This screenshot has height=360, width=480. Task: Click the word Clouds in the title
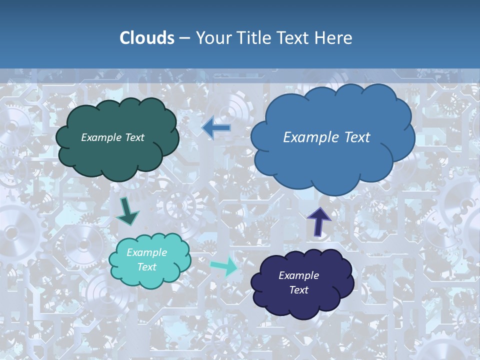(x=146, y=38)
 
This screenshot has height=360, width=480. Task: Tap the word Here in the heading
(x=333, y=38)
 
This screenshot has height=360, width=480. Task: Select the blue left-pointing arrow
(x=216, y=128)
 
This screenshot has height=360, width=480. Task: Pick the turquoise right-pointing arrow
(x=224, y=266)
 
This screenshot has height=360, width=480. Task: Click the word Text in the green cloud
(x=133, y=137)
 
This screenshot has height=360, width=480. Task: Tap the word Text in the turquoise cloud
(x=147, y=267)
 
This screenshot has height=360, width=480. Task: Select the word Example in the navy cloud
(x=298, y=275)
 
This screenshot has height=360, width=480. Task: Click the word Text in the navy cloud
(x=298, y=290)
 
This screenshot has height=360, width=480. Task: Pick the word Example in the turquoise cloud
(x=147, y=252)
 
